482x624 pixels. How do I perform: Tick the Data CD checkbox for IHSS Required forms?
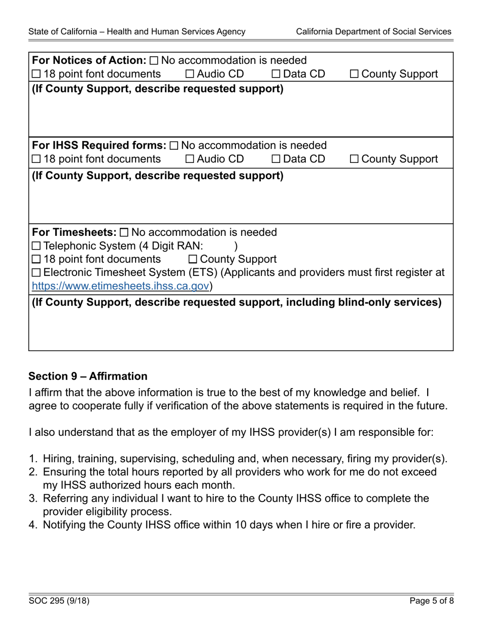click(276, 159)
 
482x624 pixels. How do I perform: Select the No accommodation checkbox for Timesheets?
click(125, 233)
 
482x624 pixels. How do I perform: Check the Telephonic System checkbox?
click(36, 247)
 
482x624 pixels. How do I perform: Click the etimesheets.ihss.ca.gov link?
click(121, 286)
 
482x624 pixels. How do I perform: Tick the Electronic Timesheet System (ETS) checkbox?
click(36, 273)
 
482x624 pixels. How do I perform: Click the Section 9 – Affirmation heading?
click(88, 376)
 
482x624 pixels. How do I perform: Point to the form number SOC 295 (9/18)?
click(59, 602)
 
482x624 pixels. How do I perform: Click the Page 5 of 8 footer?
click(430, 602)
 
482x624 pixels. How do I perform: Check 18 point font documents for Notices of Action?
click(36, 75)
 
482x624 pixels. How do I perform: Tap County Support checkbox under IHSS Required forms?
click(355, 159)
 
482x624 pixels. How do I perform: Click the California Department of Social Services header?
click(373, 31)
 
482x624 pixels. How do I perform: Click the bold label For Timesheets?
click(74, 233)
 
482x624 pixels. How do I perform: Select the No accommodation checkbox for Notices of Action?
click(154, 61)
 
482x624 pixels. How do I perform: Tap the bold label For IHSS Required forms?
click(98, 146)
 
